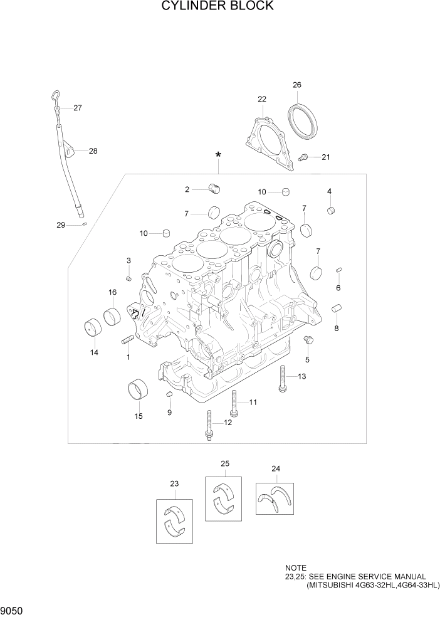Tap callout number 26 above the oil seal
tap(296, 85)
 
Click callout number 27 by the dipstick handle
tap(78, 108)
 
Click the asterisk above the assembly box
tap(217, 155)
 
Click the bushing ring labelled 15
tap(139, 391)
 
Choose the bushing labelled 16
tap(113, 315)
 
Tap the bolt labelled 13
tap(282, 378)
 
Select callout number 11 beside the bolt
tap(253, 402)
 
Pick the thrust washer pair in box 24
tap(275, 499)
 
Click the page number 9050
tap(13, 610)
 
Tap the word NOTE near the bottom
tap(295, 567)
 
